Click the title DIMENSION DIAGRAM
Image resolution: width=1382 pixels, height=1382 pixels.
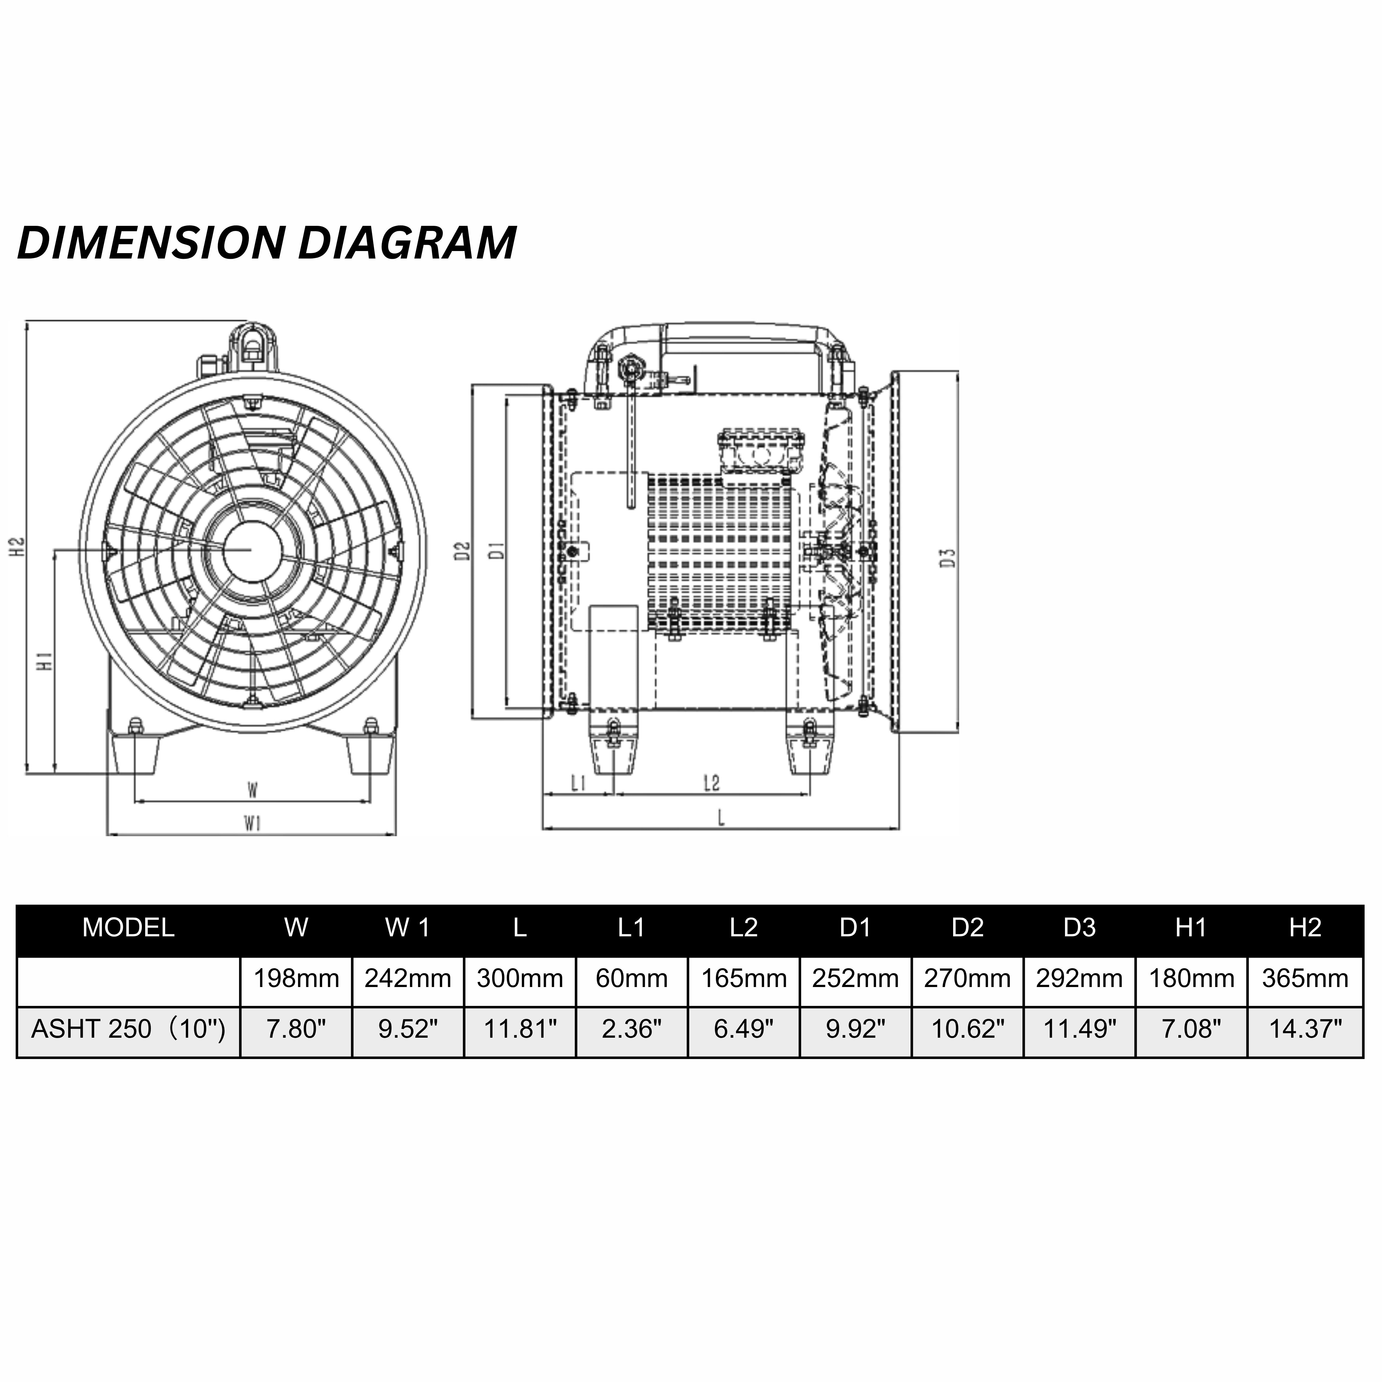click(x=266, y=243)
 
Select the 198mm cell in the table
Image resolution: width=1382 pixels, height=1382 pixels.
click(x=296, y=978)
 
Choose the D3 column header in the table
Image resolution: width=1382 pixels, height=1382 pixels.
click(x=1079, y=928)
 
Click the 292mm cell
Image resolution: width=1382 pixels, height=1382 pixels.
click(x=1079, y=978)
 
